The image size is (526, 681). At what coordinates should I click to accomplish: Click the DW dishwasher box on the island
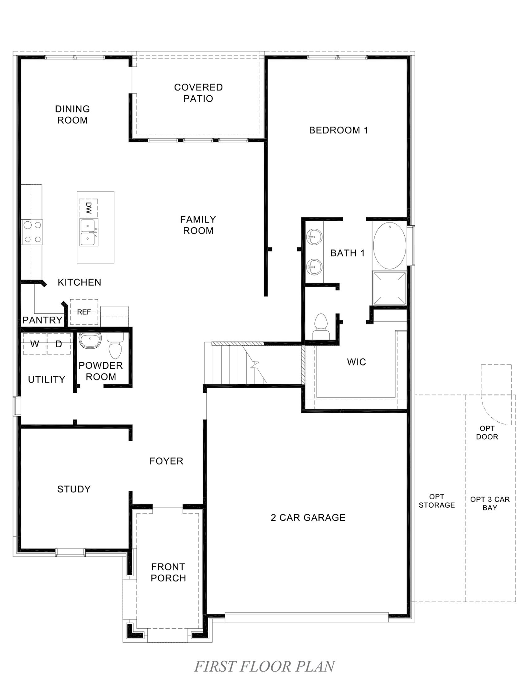[x=88, y=208]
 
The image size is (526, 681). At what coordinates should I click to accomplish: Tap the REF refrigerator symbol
[x=84, y=312]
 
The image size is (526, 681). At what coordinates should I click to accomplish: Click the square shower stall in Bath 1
[x=390, y=288]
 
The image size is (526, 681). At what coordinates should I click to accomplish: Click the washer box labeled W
[x=35, y=344]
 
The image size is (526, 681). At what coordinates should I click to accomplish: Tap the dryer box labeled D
[x=58, y=344]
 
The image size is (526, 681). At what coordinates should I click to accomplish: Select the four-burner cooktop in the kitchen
[x=32, y=232]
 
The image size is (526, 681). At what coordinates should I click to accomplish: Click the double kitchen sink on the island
[x=89, y=232]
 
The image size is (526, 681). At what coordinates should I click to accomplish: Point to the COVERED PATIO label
[x=198, y=93]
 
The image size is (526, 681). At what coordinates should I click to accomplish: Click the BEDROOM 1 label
[x=338, y=130]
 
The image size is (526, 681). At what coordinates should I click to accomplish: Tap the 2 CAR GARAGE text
[x=308, y=518]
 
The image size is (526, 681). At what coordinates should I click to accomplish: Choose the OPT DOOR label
[x=487, y=433]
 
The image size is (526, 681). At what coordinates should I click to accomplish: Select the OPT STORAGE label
[x=437, y=501]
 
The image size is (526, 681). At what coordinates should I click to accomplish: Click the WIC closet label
[x=356, y=362]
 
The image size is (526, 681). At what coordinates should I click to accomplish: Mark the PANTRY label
[x=42, y=320]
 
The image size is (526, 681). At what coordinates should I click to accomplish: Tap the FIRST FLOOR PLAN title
[x=264, y=666]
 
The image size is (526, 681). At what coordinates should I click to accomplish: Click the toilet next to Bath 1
[x=321, y=326]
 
